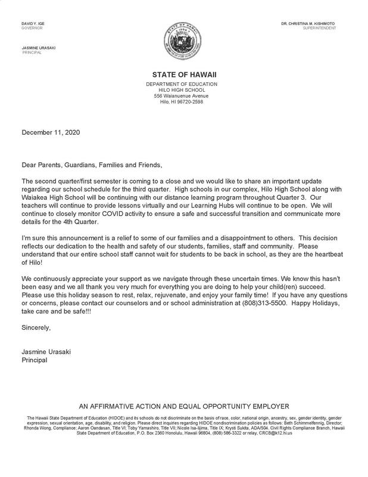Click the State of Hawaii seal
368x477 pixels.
coord(184,43)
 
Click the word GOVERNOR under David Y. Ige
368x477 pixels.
coord(30,29)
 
